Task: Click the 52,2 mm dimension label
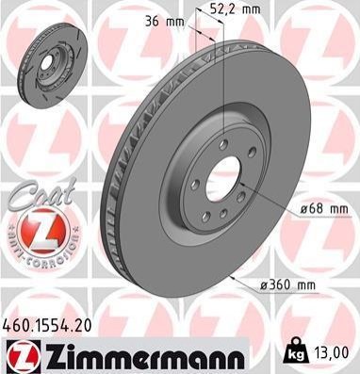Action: [x=235, y=9]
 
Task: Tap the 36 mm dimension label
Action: [x=165, y=23]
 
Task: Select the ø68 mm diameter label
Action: [x=323, y=208]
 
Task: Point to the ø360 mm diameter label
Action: [x=287, y=285]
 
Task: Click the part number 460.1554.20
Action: [x=47, y=325]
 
